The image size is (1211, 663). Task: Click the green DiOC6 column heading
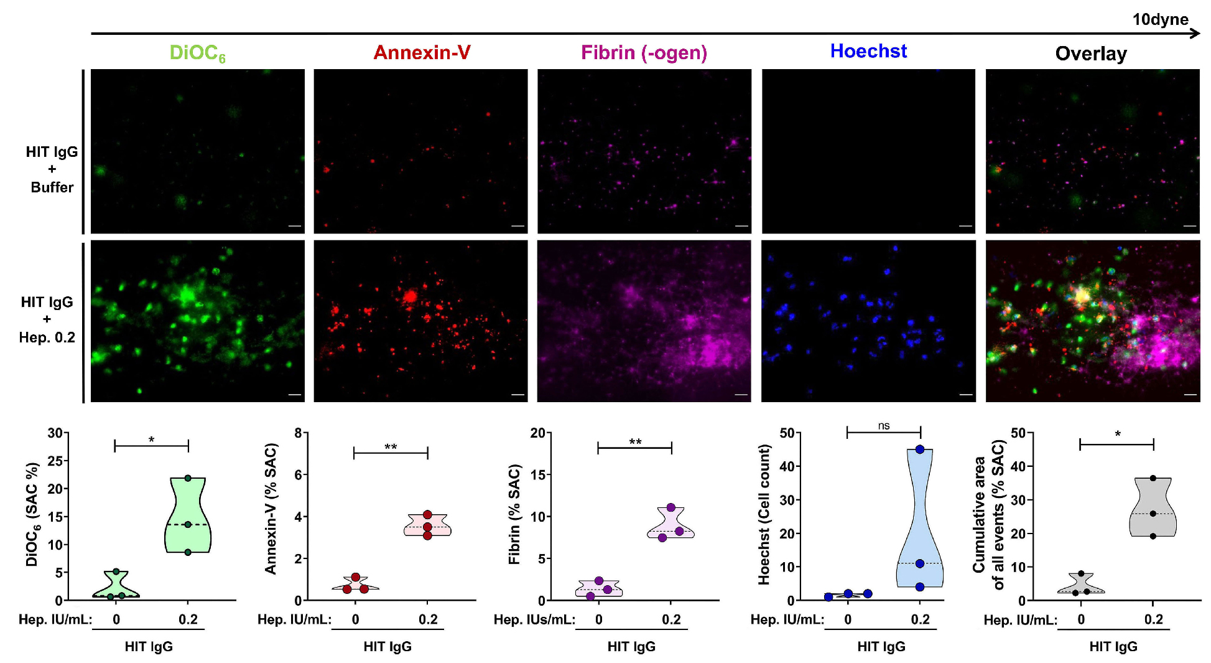pyautogui.click(x=197, y=53)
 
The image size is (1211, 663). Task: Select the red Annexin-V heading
pyautogui.click(x=422, y=52)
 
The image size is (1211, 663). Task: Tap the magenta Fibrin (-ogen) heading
pyautogui.click(x=644, y=52)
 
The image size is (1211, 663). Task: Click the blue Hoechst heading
pyautogui.click(x=868, y=51)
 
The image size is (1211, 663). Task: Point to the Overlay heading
pyautogui.click(x=1091, y=54)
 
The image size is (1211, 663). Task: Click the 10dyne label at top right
pyautogui.click(x=1160, y=19)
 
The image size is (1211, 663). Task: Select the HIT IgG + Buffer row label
pyautogui.click(x=52, y=169)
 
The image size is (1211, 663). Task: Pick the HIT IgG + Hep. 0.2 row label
pyautogui.click(x=47, y=319)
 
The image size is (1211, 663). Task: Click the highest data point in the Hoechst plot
pyautogui.click(x=920, y=449)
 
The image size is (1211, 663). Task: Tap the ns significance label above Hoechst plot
pyautogui.click(x=884, y=426)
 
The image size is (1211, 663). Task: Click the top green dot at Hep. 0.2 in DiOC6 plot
pyautogui.click(x=188, y=478)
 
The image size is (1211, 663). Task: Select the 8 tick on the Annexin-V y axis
pyautogui.click(x=299, y=433)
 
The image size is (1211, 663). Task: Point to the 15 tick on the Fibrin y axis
pyautogui.click(x=537, y=475)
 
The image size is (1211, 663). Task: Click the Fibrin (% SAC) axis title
pyautogui.click(x=514, y=514)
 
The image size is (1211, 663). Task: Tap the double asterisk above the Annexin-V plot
pyautogui.click(x=391, y=447)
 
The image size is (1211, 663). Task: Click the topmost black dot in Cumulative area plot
pyautogui.click(x=1153, y=478)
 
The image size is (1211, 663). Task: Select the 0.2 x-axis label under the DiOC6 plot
pyautogui.click(x=188, y=619)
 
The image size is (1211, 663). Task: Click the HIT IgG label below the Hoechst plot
pyautogui.click(x=881, y=647)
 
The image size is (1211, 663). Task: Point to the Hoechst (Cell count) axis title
pyautogui.click(x=764, y=514)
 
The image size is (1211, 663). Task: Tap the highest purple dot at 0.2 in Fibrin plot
pyautogui.click(x=670, y=507)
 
